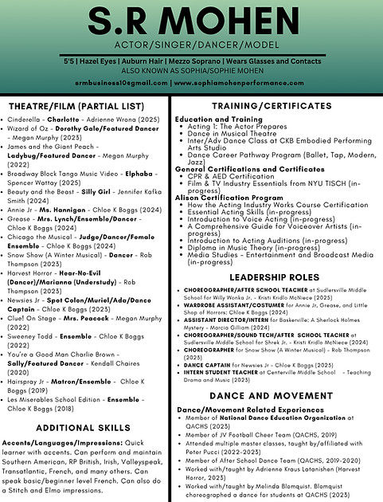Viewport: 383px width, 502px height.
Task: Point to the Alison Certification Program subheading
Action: tap(227, 198)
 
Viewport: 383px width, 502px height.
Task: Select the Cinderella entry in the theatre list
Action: tap(24, 120)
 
